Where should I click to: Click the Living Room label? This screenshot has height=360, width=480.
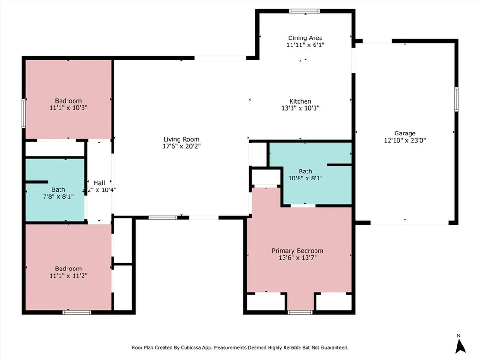(181, 139)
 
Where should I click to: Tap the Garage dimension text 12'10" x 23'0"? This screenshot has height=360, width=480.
(405, 140)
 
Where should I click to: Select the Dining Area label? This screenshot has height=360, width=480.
(305, 38)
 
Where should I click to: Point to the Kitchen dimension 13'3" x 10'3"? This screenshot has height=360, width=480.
(300, 108)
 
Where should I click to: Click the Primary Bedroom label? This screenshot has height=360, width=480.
(298, 251)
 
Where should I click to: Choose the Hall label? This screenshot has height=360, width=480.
(99, 183)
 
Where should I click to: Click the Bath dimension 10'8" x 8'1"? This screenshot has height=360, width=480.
(306, 178)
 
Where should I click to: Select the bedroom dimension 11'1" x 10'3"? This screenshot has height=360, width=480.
(68, 108)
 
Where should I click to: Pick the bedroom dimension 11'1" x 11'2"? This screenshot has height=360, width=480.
(68, 276)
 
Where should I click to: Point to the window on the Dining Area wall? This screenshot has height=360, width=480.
(304, 11)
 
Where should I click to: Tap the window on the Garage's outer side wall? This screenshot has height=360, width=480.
(456, 99)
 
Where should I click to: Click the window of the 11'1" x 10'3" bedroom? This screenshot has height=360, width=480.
(23, 113)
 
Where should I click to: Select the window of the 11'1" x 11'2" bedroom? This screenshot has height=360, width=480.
(77, 312)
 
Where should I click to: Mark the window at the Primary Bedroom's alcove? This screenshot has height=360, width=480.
(300, 312)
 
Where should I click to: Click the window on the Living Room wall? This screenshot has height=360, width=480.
(163, 217)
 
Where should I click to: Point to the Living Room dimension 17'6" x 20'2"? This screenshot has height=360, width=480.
(181, 146)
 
